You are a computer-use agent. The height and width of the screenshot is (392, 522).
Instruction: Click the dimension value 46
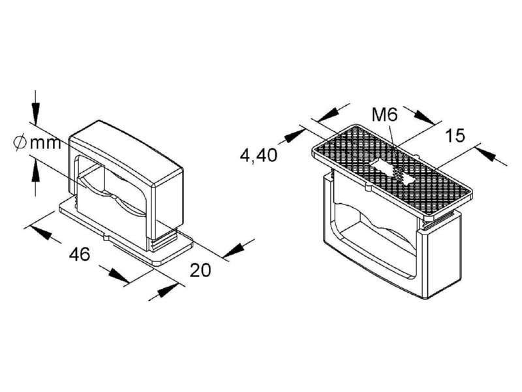(80, 254)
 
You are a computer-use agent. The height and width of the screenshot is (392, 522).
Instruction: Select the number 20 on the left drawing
(200, 270)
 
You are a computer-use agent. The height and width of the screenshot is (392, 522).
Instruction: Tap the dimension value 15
(455, 135)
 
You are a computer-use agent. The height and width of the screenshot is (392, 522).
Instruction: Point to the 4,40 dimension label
(258, 155)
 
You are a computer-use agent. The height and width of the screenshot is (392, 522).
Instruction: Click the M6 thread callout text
(384, 116)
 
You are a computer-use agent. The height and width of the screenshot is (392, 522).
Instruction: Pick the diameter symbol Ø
(20, 142)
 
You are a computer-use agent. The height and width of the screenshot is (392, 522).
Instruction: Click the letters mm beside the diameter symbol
(45, 143)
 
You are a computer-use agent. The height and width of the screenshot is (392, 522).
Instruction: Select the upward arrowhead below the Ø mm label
(35, 171)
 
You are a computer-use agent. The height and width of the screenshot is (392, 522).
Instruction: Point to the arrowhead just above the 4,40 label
(296, 136)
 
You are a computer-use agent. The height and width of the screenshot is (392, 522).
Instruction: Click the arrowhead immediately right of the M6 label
(425, 117)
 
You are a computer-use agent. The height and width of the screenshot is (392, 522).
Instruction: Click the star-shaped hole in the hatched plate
(392, 171)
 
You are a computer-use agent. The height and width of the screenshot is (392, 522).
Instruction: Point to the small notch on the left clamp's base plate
(106, 237)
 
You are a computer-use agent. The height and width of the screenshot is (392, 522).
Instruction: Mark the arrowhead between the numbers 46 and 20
(118, 274)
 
